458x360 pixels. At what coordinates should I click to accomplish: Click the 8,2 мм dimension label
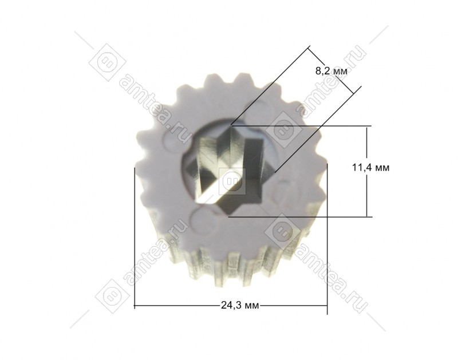pos(331,71)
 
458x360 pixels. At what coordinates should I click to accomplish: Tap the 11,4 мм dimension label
pos(370,168)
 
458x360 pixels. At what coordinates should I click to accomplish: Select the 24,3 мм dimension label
pos(240,306)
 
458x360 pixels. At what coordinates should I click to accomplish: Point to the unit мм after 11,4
pos(382,168)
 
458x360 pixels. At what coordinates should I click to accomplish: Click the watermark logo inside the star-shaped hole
pos(232,181)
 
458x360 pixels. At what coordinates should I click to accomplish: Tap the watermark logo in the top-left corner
pos(107,62)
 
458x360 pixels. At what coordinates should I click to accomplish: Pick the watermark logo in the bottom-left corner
pos(112,296)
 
